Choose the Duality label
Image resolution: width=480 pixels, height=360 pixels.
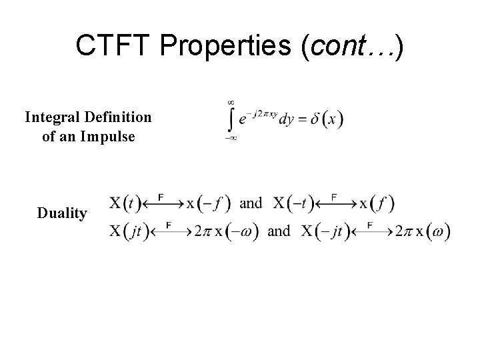(62, 213)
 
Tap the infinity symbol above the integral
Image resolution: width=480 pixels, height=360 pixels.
(231, 102)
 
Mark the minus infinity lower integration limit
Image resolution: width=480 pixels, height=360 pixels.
(230, 139)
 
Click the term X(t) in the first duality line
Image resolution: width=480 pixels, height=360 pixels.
(125, 202)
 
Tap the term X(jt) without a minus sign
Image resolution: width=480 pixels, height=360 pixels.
(130, 232)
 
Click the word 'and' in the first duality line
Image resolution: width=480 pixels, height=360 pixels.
(251, 202)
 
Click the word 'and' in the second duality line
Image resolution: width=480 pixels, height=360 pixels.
(279, 232)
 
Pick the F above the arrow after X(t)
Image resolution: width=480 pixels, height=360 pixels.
(161, 196)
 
